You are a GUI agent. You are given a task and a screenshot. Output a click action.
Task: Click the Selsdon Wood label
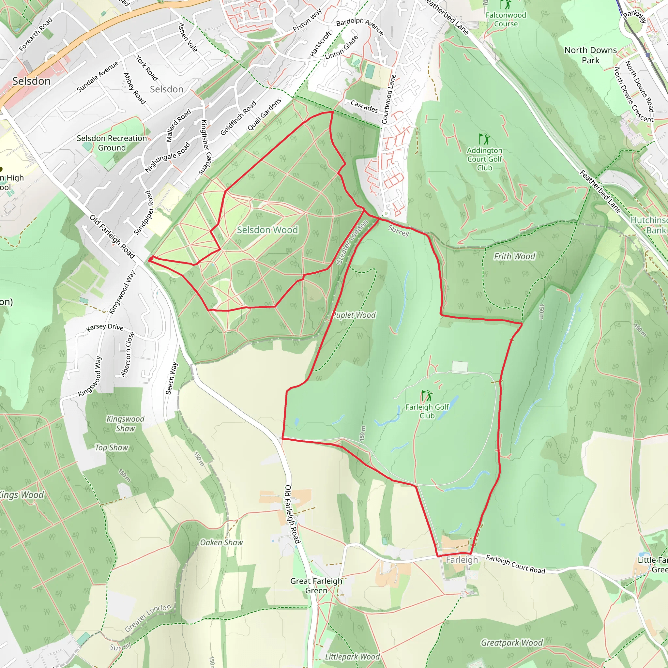click(267, 230)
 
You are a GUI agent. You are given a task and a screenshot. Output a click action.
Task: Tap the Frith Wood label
click(514, 256)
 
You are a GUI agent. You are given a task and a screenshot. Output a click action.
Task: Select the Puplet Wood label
click(354, 315)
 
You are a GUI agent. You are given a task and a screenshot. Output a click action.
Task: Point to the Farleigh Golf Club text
click(427, 411)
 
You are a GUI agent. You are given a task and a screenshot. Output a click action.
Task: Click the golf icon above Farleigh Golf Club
click(427, 395)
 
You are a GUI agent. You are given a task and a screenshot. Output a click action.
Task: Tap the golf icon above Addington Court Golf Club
click(484, 139)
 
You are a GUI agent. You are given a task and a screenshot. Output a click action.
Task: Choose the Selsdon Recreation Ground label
click(112, 143)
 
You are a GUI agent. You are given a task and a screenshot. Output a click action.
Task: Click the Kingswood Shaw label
click(125, 424)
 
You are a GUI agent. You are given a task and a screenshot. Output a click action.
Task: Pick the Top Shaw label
click(111, 448)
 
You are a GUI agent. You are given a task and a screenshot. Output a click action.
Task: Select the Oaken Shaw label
click(221, 542)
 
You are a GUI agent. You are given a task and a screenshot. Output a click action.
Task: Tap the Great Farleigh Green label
click(316, 586)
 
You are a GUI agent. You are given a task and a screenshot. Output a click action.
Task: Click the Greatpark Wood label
click(512, 643)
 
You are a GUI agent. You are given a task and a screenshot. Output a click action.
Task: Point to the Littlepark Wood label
click(352, 657)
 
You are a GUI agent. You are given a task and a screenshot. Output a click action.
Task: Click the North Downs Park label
click(591, 55)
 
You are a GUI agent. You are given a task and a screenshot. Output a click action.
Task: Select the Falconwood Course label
click(506, 19)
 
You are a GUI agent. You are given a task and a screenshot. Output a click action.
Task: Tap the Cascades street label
click(364, 106)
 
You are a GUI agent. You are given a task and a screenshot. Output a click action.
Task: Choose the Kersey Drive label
click(105, 327)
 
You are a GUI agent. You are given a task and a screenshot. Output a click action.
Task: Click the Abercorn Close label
click(128, 354)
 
